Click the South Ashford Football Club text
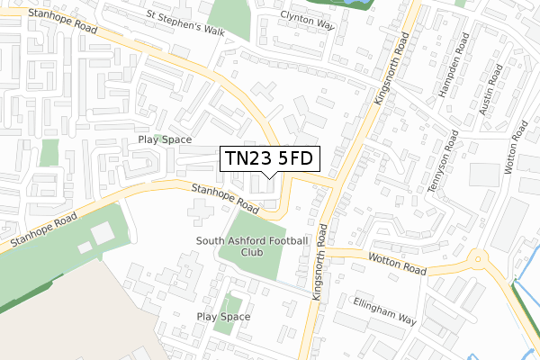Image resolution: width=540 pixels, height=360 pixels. tap(252, 247)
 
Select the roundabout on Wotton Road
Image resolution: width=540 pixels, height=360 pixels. tap(478, 263)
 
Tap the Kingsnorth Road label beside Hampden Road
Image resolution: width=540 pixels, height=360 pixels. tap(392, 67)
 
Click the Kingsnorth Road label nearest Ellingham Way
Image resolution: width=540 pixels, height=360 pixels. tap(317, 260)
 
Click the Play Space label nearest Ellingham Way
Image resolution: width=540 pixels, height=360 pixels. tap(223, 317)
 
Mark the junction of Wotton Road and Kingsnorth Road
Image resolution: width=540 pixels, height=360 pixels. tap(320, 251)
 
